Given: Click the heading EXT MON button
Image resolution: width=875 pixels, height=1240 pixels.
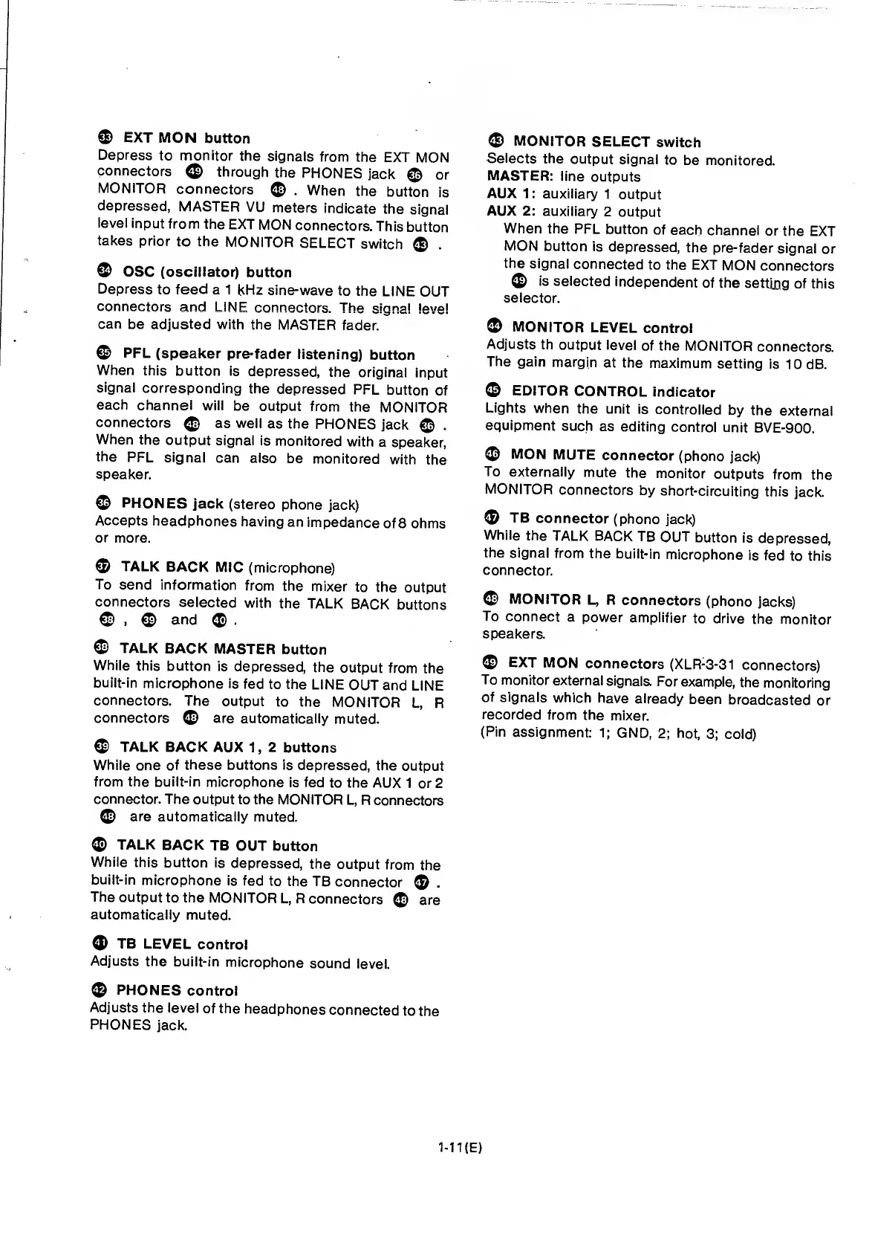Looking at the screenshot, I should (x=186, y=138).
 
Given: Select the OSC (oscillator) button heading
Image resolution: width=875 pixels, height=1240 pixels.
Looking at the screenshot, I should (x=206, y=272).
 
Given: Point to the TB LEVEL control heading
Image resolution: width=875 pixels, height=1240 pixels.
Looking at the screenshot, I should (x=182, y=944).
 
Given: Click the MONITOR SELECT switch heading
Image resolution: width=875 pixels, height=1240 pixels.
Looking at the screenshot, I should (x=607, y=142).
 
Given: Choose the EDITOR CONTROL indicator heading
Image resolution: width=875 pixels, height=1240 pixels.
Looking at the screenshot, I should (x=614, y=392).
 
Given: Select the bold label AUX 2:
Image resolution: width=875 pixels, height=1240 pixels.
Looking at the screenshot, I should (x=511, y=212).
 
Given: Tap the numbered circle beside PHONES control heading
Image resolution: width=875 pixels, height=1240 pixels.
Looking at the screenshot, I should (x=99, y=990).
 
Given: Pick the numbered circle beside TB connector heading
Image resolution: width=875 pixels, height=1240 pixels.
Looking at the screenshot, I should (x=492, y=518).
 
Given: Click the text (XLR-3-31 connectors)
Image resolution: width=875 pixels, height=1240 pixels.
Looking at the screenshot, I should (x=744, y=665).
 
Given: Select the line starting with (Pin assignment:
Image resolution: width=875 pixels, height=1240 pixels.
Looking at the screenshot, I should (x=618, y=734).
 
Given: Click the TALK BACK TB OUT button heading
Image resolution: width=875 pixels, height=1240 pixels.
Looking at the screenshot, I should (x=217, y=846).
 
